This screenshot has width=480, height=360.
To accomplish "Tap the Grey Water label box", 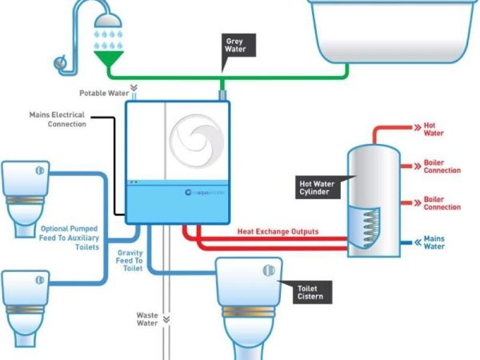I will pos(235,45).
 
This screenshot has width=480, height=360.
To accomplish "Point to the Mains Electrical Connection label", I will pos(57,119).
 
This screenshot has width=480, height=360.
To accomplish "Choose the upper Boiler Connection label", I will pos(442,166).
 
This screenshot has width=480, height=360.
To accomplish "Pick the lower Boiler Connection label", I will pos(442,203).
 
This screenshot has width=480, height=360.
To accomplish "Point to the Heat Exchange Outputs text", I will pos(278,232).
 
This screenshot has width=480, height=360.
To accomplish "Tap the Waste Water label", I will pos(147,320).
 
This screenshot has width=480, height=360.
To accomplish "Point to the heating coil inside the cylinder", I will pos(367,228).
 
